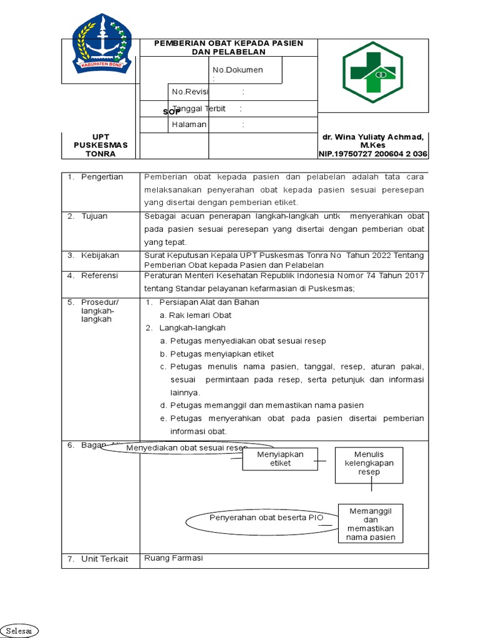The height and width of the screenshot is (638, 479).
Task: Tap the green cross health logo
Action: (x=372, y=72)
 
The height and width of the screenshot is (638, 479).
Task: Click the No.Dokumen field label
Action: (x=238, y=70)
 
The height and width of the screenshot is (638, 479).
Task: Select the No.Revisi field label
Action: (x=190, y=92)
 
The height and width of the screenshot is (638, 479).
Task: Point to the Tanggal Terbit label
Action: (x=198, y=108)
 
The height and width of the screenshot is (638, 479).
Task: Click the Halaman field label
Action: (x=189, y=125)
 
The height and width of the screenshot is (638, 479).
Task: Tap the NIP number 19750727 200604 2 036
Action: (x=373, y=154)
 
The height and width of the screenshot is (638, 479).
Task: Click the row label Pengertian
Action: (x=102, y=177)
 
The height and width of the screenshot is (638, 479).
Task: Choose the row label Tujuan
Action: (x=94, y=216)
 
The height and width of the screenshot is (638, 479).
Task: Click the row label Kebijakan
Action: (x=100, y=255)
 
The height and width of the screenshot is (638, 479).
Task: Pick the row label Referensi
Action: (x=100, y=275)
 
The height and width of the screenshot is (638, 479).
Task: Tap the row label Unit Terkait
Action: (x=104, y=559)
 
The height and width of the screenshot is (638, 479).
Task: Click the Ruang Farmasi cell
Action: (x=173, y=558)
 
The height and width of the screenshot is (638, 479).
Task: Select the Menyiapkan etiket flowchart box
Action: (x=280, y=459)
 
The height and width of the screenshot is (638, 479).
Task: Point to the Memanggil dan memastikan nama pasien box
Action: (x=370, y=524)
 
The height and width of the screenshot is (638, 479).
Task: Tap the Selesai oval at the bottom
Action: (x=19, y=631)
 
